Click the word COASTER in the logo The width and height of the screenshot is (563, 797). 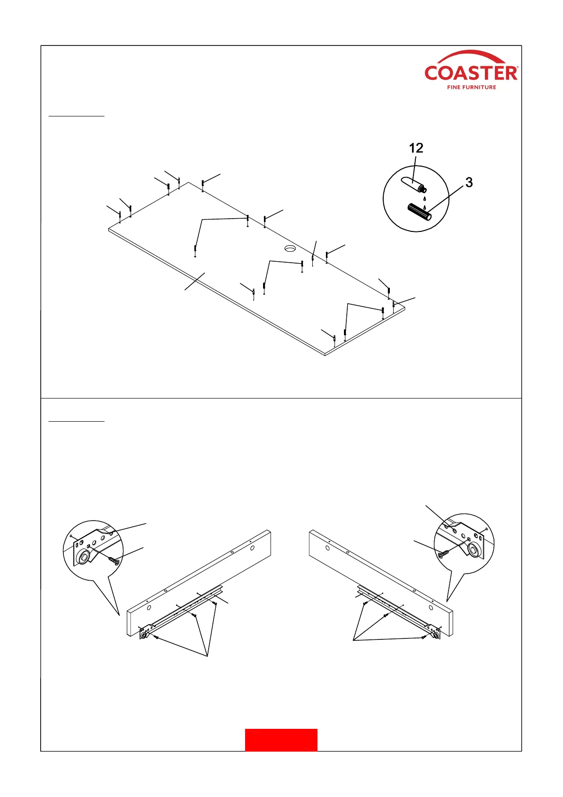(x=471, y=73)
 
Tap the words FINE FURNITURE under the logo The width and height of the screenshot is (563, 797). (x=471, y=88)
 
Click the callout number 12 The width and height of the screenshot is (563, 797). (x=416, y=148)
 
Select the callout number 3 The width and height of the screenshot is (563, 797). (x=469, y=182)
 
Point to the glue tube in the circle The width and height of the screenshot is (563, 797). (x=412, y=185)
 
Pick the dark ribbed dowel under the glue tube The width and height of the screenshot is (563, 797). (x=419, y=212)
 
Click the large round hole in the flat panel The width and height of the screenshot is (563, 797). (x=290, y=248)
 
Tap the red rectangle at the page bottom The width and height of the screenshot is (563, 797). (x=281, y=740)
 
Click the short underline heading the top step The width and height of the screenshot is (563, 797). (x=77, y=115)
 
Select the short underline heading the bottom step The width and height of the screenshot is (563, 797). (x=77, y=421)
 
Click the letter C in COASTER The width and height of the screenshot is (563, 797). (x=431, y=73)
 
